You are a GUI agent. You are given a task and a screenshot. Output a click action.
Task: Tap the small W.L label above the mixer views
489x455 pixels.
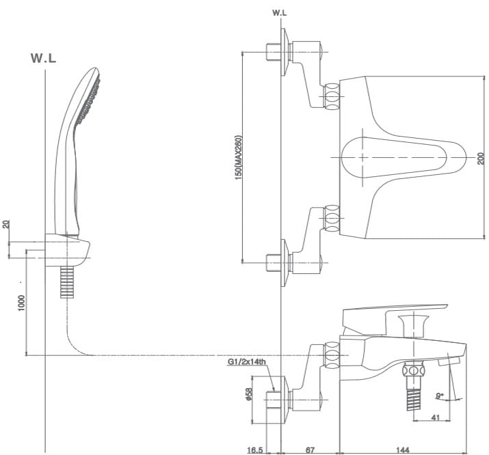(280, 12)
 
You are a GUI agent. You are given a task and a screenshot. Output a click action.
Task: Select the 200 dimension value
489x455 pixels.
(481, 158)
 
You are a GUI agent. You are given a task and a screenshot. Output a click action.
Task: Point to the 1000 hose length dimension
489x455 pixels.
(21, 303)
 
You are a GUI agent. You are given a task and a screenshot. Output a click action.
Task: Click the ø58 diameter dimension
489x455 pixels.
(249, 396)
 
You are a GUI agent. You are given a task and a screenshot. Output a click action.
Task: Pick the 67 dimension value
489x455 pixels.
(310, 450)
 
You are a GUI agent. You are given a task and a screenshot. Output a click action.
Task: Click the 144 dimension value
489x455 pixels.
(403, 450)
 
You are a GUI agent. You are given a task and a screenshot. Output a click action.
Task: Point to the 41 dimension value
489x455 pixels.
(434, 417)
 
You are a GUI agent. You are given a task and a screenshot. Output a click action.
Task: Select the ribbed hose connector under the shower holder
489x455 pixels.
(67, 281)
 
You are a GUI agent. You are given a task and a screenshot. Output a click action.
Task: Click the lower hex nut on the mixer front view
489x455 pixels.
(332, 219)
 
